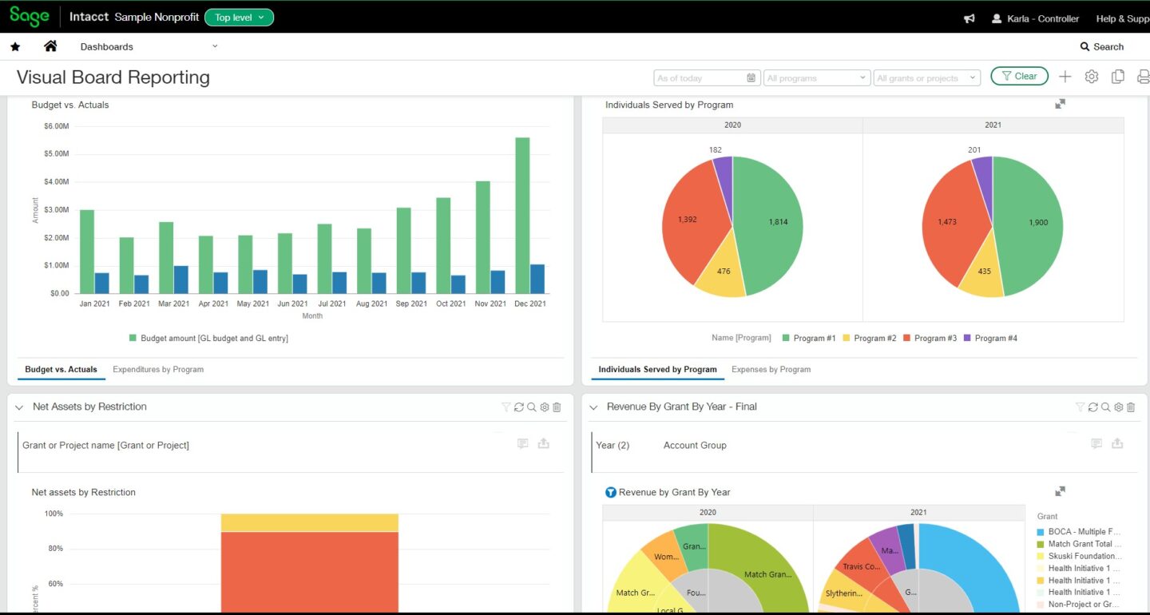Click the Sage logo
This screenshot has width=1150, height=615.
click(x=30, y=17)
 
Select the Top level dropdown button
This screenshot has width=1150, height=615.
click(x=239, y=18)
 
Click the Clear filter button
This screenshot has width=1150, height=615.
click(x=1019, y=77)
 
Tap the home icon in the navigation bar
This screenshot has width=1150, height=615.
click(x=50, y=46)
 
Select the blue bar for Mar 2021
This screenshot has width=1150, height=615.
click(x=181, y=279)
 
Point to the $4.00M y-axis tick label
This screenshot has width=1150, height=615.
click(x=56, y=182)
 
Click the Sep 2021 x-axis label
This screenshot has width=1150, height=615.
click(x=412, y=304)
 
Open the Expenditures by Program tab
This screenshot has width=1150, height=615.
click(x=158, y=370)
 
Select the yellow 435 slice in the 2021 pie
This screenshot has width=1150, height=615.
click(x=980, y=274)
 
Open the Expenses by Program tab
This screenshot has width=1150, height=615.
click(x=771, y=370)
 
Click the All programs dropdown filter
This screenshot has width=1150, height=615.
click(x=816, y=78)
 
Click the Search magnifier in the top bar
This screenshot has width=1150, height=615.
click(x=1085, y=47)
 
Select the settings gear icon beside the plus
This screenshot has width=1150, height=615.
click(x=1092, y=77)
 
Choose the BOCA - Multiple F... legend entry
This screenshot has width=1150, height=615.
click(x=1084, y=532)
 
